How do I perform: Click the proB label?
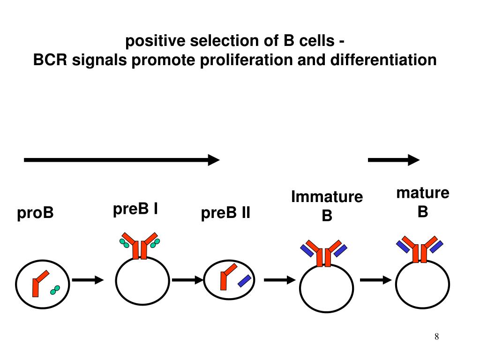click(36, 213)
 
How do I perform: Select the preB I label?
click(135, 209)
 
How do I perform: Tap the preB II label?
click(225, 214)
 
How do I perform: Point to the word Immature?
click(327, 197)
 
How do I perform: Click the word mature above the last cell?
click(423, 193)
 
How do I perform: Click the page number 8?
click(436, 336)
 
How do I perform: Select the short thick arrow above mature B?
click(393, 160)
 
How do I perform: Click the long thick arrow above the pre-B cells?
click(121, 160)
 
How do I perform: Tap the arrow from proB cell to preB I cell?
click(88, 280)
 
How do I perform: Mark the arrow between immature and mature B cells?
click(375, 280)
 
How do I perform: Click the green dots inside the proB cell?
click(55, 290)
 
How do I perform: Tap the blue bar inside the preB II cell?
click(244, 281)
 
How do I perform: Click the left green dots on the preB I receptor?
click(124, 243)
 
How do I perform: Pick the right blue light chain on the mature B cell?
click(436, 246)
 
